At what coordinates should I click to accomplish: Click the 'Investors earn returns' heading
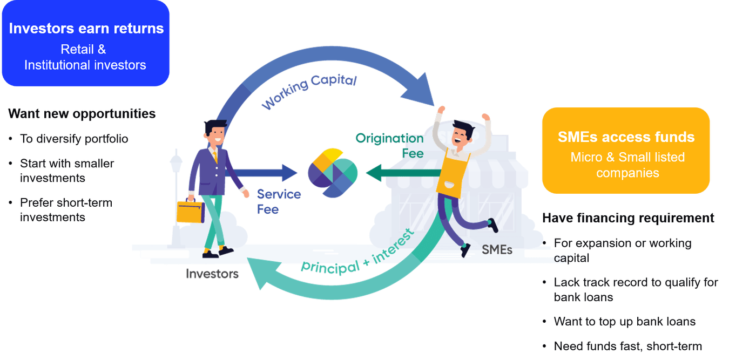pyautogui.click(x=86, y=29)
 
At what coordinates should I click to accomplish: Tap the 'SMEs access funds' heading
pyautogui.click(x=626, y=137)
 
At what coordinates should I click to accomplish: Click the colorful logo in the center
pyautogui.click(x=333, y=173)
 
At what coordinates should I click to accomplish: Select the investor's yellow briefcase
pyautogui.click(x=191, y=210)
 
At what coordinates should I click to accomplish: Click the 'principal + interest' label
pyautogui.click(x=357, y=253)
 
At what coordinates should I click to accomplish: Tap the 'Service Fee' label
pyautogui.click(x=279, y=202)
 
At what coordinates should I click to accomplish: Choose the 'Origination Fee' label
pyautogui.click(x=389, y=146)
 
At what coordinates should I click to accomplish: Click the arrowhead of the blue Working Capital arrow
pyautogui.click(x=419, y=91)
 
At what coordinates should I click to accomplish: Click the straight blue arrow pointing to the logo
pyautogui.click(x=262, y=173)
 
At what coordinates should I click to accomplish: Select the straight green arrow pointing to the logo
pyautogui.click(x=403, y=173)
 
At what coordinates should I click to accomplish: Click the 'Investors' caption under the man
pyautogui.click(x=212, y=274)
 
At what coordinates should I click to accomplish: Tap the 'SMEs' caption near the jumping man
pyautogui.click(x=497, y=250)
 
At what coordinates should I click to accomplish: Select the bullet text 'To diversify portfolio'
pyautogui.click(x=74, y=139)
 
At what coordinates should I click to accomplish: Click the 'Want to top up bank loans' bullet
pyautogui.click(x=625, y=322)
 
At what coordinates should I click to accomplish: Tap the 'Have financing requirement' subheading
pyautogui.click(x=628, y=218)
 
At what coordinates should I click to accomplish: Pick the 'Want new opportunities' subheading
pyautogui.click(x=82, y=114)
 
